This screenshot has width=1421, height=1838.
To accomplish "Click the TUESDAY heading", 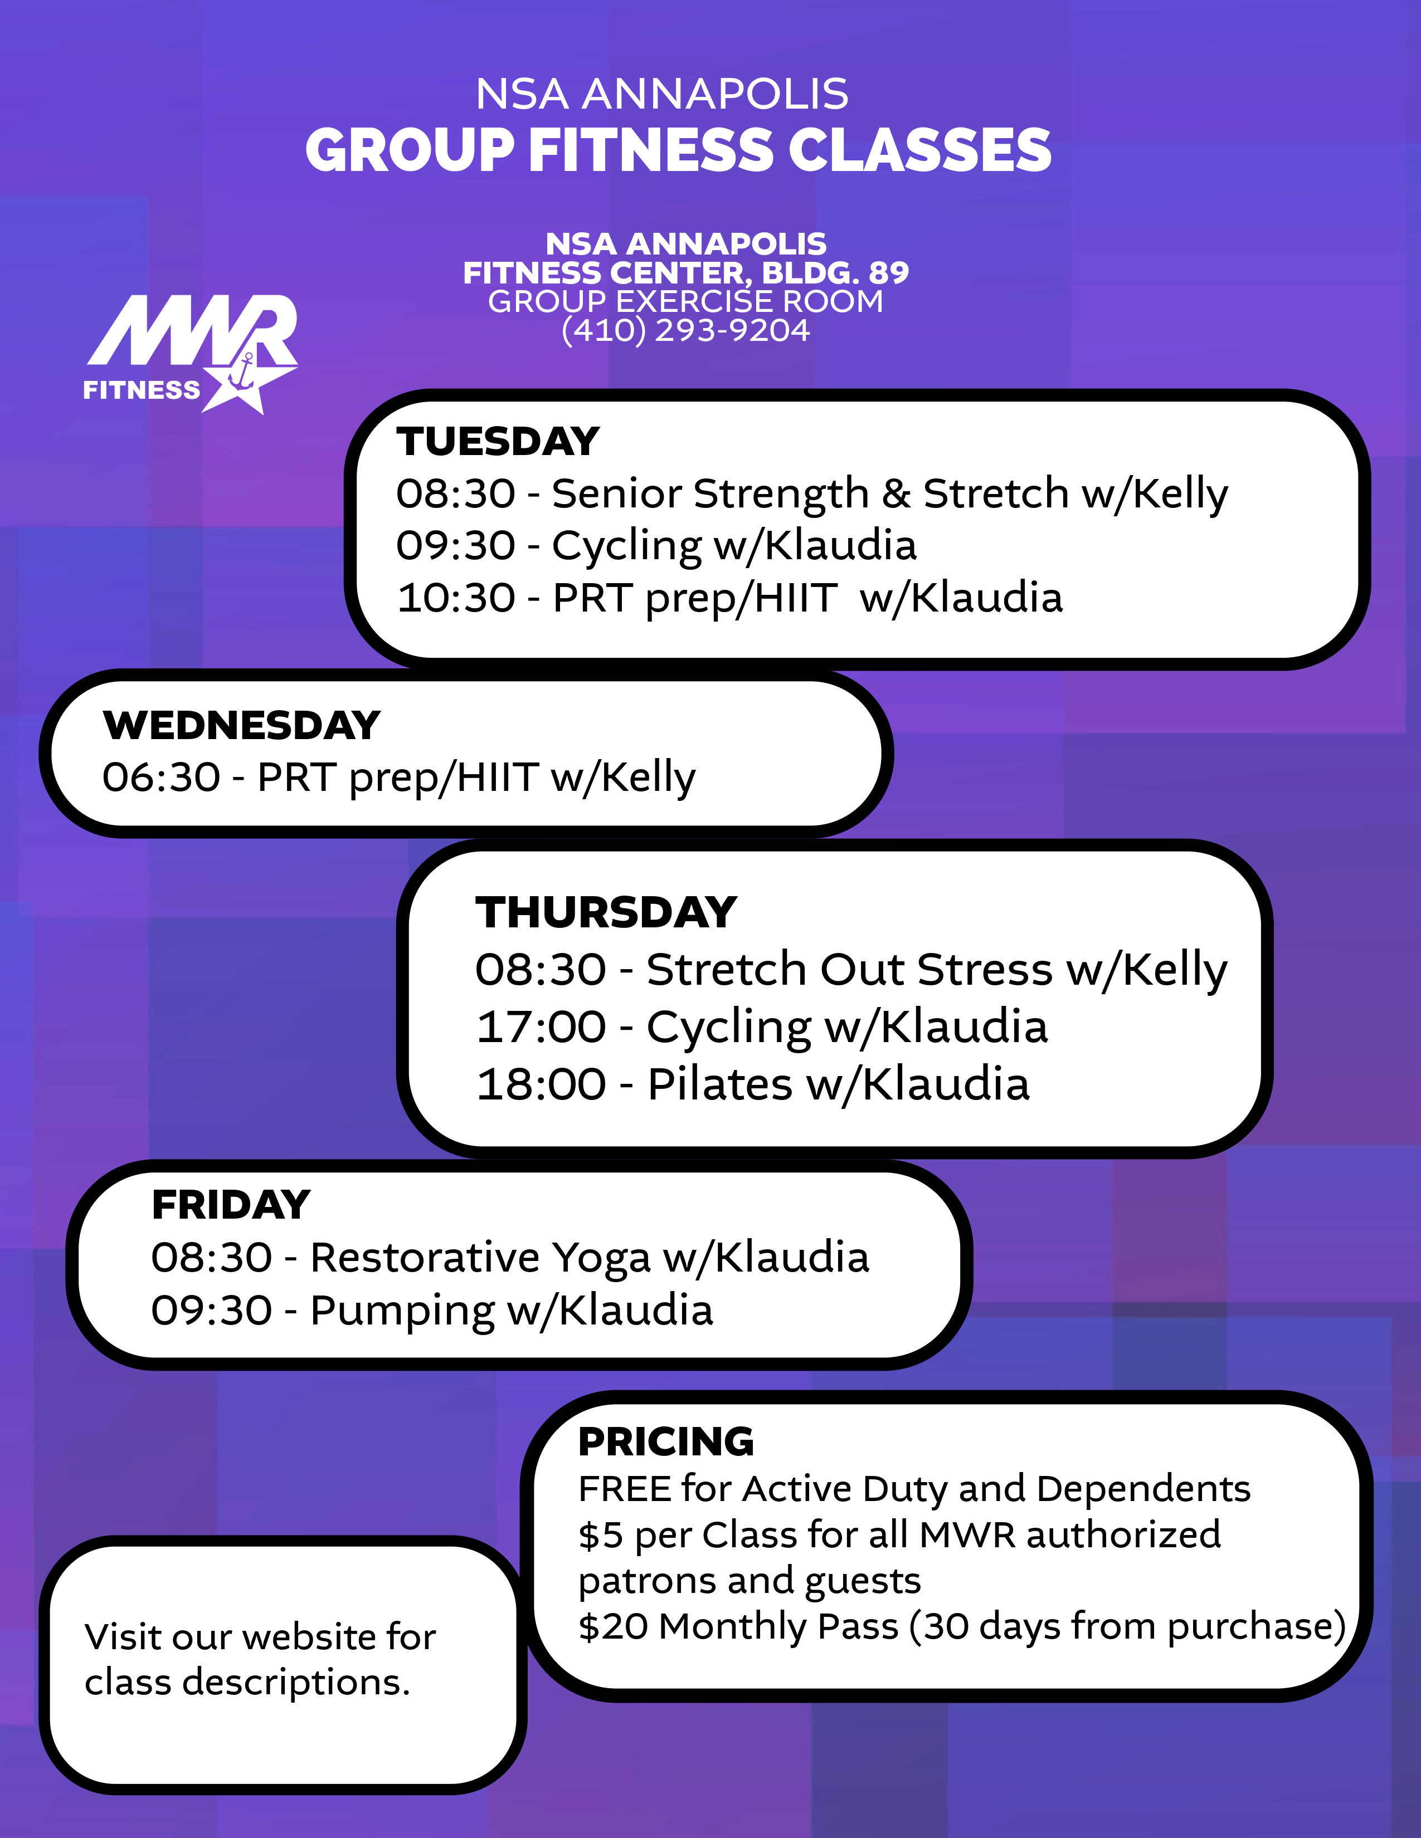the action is pyautogui.click(x=498, y=442).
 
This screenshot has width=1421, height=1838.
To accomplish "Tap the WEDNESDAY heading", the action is pyautogui.click(x=242, y=725).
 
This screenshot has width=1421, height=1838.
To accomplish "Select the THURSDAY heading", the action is pyautogui.click(x=606, y=912).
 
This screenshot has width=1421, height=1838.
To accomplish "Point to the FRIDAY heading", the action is pyautogui.click(x=231, y=1205).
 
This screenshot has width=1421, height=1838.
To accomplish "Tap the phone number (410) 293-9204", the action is pyautogui.click(x=685, y=330).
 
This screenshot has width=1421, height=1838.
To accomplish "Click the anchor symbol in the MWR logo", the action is pyautogui.click(x=244, y=371).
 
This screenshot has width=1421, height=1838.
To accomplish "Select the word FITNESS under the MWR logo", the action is pyautogui.click(x=142, y=390).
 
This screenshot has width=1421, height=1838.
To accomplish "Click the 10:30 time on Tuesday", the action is pyautogui.click(x=455, y=598).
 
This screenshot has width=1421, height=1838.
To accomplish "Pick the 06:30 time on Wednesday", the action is pyautogui.click(x=161, y=778).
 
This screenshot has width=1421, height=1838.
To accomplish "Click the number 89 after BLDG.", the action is pyautogui.click(x=889, y=273).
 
